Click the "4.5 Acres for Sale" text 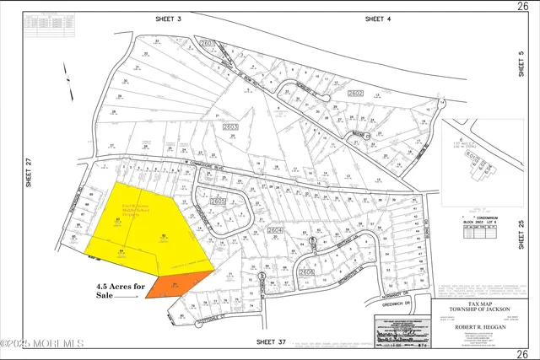(x=119, y=291)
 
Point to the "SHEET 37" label (x=272, y=342)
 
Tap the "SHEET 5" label (x=521, y=65)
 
